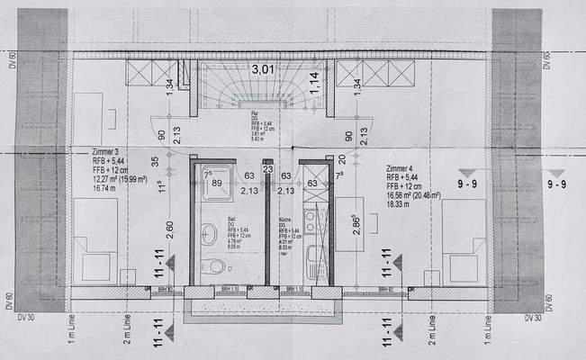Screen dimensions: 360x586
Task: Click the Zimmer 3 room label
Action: [x=106, y=152]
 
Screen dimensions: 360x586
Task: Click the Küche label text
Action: [x=286, y=219]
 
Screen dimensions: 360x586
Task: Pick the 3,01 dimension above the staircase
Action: [x=263, y=68]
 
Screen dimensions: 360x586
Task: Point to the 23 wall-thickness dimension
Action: [x=267, y=168]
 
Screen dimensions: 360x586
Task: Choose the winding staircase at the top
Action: [x=263, y=90]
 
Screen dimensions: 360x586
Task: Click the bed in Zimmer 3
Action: [x=95, y=238]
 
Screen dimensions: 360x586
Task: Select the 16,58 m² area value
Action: [x=400, y=193]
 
